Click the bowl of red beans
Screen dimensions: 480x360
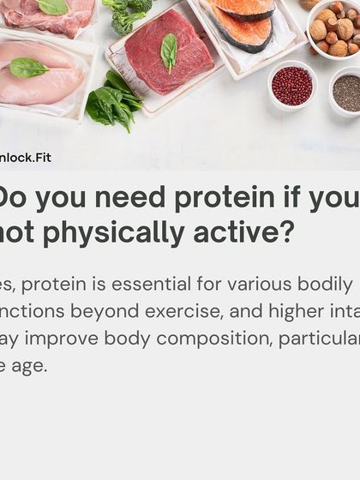(x=292, y=86)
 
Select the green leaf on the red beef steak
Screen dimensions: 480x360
(x=169, y=51)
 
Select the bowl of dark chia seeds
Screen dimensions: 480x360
(x=347, y=93)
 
